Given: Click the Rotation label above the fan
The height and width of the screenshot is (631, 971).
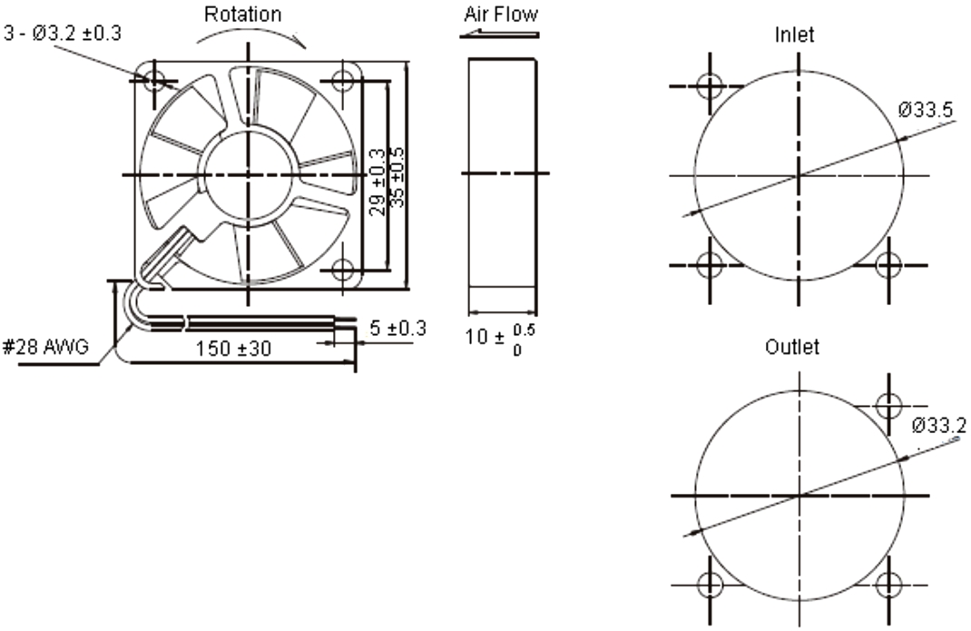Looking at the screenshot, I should pos(242,15).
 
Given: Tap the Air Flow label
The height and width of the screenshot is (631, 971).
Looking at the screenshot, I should pos(501,15).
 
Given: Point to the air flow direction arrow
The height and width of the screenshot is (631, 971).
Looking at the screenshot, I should pos(499,35).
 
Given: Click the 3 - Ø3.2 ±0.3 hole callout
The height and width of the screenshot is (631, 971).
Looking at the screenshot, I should pos(61,34).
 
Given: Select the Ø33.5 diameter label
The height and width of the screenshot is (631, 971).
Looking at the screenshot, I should pos(925,111).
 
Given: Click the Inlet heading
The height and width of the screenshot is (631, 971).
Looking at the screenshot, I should pos(794,35).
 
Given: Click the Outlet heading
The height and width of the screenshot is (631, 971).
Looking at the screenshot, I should pos(792,347).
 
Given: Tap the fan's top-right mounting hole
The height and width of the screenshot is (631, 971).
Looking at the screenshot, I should pos(342,80).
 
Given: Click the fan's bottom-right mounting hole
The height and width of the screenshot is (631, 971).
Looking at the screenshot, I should pos(342,270).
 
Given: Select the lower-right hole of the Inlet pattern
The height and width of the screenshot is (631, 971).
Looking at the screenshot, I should pos(889,265).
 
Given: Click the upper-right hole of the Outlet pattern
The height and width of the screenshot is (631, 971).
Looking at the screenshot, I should pos(889,404).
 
